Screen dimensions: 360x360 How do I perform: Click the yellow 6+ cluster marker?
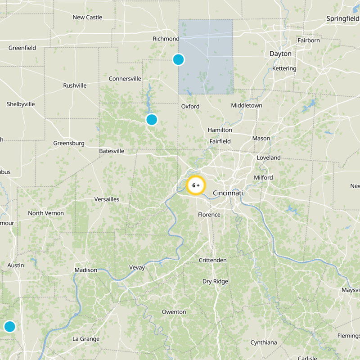click(196, 185)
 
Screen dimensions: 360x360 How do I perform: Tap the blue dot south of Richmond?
click(179, 59)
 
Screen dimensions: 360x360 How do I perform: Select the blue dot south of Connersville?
click(152, 119)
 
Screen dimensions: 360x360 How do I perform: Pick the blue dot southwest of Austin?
click(9, 326)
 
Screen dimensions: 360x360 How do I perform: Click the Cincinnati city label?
click(228, 193)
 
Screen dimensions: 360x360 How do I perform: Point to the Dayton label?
click(280, 54)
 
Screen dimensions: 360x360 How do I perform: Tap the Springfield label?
click(342, 19)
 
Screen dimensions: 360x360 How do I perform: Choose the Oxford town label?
click(190, 107)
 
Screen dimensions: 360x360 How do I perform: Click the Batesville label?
click(112, 151)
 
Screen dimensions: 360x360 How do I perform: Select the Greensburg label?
click(69, 143)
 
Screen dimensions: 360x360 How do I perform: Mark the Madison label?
click(85, 270)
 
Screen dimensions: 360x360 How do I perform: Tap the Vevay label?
click(137, 268)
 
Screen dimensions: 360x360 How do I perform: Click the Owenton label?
click(174, 312)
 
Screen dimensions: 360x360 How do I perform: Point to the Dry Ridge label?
click(215, 282)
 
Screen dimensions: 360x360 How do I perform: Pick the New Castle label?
click(87, 18)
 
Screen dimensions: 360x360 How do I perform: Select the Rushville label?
click(75, 85)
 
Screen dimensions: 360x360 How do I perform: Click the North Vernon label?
click(46, 213)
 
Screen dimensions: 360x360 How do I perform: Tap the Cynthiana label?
click(264, 342)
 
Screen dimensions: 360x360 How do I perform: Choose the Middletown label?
click(247, 106)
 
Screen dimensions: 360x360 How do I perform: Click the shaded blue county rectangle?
click(206, 56)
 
